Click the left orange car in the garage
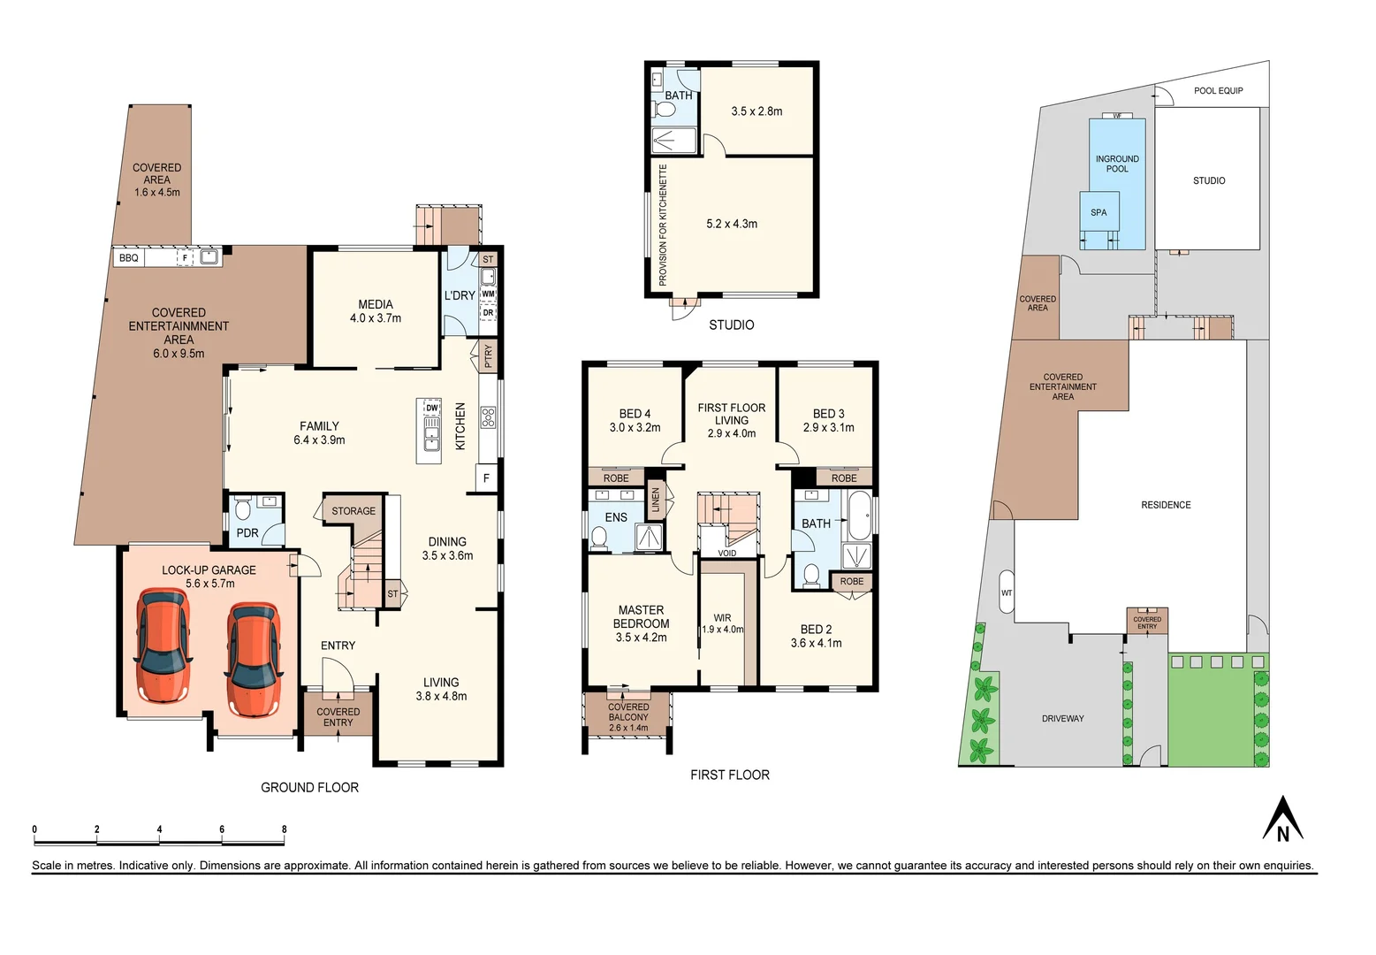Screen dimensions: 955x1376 point(163,646)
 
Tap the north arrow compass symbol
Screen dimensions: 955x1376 point(1282,820)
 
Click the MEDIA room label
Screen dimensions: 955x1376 point(376,304)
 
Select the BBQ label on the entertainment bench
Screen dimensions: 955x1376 point(129,258)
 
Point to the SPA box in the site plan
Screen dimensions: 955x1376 point(1099,212)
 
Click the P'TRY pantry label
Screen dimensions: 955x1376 point(488,355)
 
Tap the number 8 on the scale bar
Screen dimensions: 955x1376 point(284,829)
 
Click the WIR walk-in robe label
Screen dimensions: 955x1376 point(722,618)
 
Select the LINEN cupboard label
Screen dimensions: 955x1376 point(656,500)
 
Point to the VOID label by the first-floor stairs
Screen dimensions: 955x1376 point(726,554)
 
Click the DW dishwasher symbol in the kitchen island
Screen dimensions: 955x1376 point(431,408)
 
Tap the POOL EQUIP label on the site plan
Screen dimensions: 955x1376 point(1218,90)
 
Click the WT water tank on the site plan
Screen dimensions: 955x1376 point(1007,593)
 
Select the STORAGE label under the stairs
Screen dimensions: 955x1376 point(354,511)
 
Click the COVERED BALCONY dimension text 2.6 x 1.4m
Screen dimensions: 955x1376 point(628,728)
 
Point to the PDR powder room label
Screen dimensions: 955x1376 point(247,533)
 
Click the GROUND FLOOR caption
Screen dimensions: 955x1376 point(309,787)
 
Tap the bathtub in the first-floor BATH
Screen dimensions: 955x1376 point(859,515)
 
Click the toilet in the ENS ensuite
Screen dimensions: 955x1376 point(598,537)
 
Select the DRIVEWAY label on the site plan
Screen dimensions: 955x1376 point(1062,719)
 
